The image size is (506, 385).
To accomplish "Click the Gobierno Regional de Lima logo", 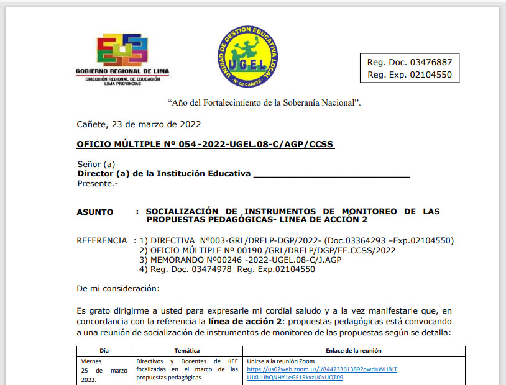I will pos(122,60).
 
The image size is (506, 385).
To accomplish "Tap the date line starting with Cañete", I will pos(139,124).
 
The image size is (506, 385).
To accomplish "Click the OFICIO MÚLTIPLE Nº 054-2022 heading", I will pos(205,145).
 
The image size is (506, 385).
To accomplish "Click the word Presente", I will pos(97,183).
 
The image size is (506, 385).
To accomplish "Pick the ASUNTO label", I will pos(95,212).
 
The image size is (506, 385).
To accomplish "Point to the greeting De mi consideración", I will pos(118,289).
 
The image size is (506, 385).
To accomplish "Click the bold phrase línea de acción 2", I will pos(244,321).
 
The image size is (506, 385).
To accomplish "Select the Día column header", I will pos(104,351).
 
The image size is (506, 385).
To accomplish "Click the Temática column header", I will pos(187,351).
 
